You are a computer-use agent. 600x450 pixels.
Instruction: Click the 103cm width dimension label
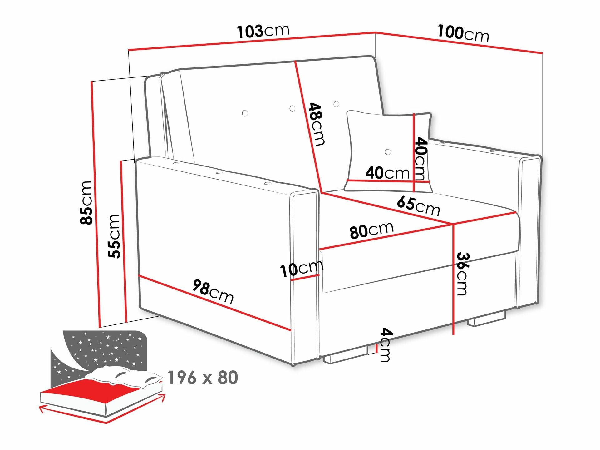263,31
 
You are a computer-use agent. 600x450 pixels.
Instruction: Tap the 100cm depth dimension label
463,33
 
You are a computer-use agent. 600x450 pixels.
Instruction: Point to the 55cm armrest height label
114,236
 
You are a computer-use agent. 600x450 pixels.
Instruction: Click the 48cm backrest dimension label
316,124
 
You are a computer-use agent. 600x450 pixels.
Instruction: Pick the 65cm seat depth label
418,206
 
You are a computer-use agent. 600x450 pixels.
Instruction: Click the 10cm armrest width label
301,269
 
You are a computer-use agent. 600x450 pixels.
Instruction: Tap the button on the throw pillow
388,152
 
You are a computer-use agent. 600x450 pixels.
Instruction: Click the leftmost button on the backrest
245,113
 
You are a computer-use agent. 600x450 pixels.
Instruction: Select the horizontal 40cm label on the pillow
387,173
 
